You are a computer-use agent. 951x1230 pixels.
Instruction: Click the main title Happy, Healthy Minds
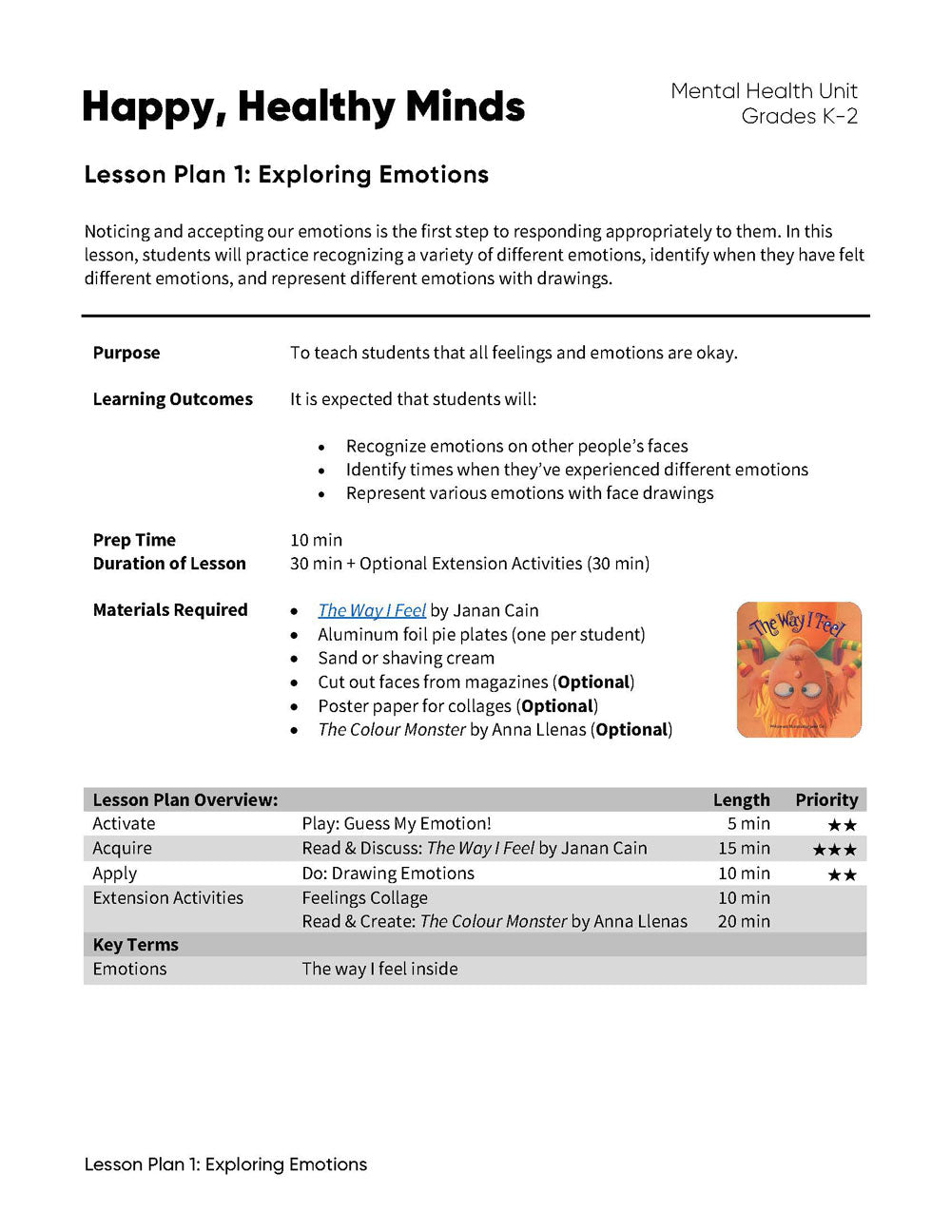303,107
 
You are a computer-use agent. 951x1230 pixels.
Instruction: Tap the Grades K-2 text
799,117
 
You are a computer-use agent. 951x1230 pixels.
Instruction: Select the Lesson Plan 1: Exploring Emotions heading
286,175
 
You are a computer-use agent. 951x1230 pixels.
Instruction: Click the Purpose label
126,353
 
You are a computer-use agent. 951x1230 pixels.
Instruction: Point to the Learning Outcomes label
172,399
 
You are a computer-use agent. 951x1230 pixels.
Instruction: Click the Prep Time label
134,540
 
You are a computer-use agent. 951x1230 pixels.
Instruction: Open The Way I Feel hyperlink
372,610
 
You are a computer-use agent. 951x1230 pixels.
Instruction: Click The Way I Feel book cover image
799,669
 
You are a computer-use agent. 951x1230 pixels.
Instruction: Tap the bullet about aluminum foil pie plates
481,634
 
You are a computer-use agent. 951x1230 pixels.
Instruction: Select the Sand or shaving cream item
406,658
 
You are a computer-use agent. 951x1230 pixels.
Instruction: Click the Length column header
741,800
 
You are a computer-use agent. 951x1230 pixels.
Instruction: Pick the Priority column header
826,800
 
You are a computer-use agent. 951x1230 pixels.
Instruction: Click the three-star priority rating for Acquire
834,850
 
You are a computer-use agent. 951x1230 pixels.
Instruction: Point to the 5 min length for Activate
748,824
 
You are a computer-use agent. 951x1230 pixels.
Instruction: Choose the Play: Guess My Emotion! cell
397,824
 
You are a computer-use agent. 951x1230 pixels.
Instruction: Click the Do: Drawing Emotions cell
388,874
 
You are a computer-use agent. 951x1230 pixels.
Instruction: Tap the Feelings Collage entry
364,898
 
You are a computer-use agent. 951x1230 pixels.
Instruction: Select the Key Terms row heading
136,945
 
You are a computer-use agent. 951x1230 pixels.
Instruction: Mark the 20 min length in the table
744,921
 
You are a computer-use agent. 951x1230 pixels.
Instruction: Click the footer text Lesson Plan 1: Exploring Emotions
225,1164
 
